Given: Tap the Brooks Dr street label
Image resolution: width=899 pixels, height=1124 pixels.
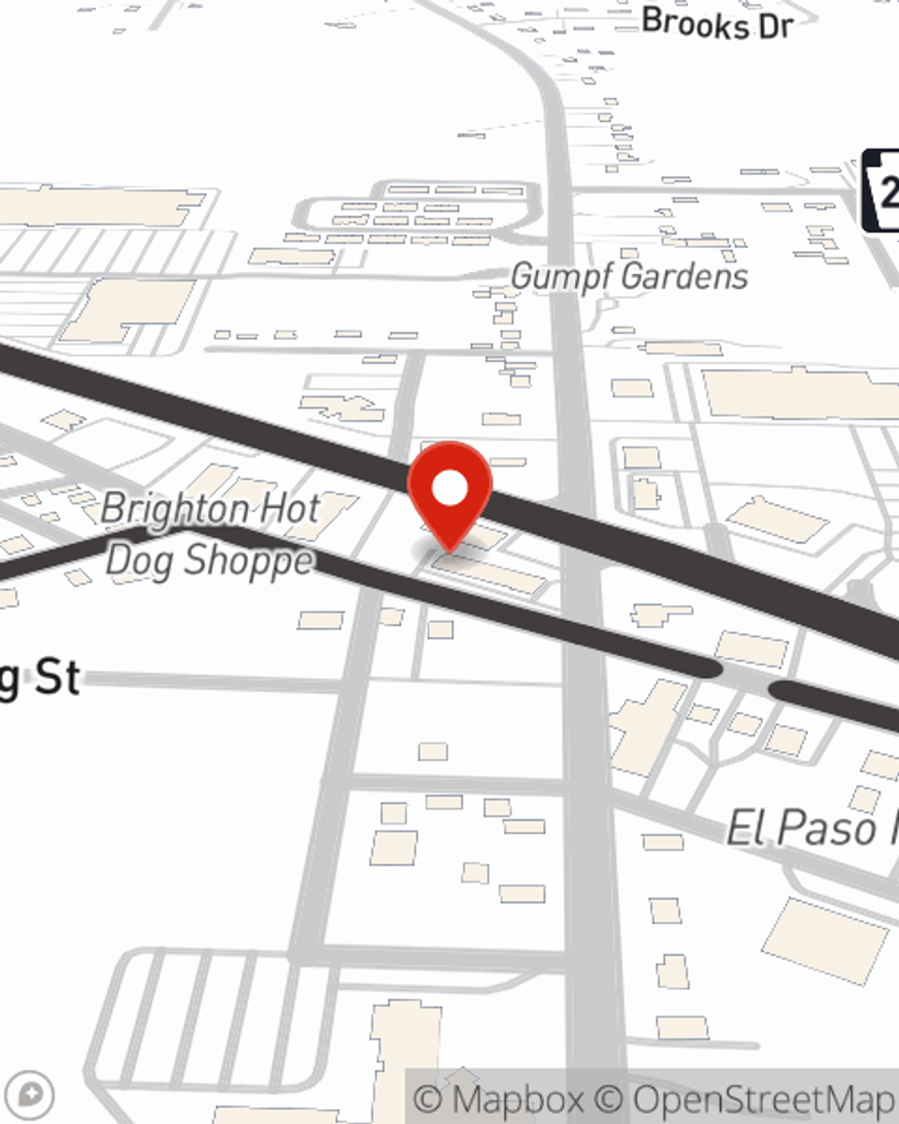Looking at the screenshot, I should tap(717, 23).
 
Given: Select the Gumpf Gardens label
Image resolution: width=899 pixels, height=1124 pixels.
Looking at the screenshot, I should tap(629, 276).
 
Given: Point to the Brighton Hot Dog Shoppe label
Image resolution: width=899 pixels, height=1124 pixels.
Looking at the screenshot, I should tap(210, 534).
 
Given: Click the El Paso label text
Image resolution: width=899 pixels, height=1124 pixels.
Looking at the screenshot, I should tap(809, 828).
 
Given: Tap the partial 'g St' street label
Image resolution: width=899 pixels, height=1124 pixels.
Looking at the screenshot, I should tap(40, 676).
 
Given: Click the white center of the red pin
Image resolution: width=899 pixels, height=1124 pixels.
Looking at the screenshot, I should tap(449, 489).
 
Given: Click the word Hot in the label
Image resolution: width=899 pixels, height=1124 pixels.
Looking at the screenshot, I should tap(290, 509).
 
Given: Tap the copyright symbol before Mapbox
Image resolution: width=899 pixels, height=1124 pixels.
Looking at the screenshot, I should tap(429, 1099).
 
